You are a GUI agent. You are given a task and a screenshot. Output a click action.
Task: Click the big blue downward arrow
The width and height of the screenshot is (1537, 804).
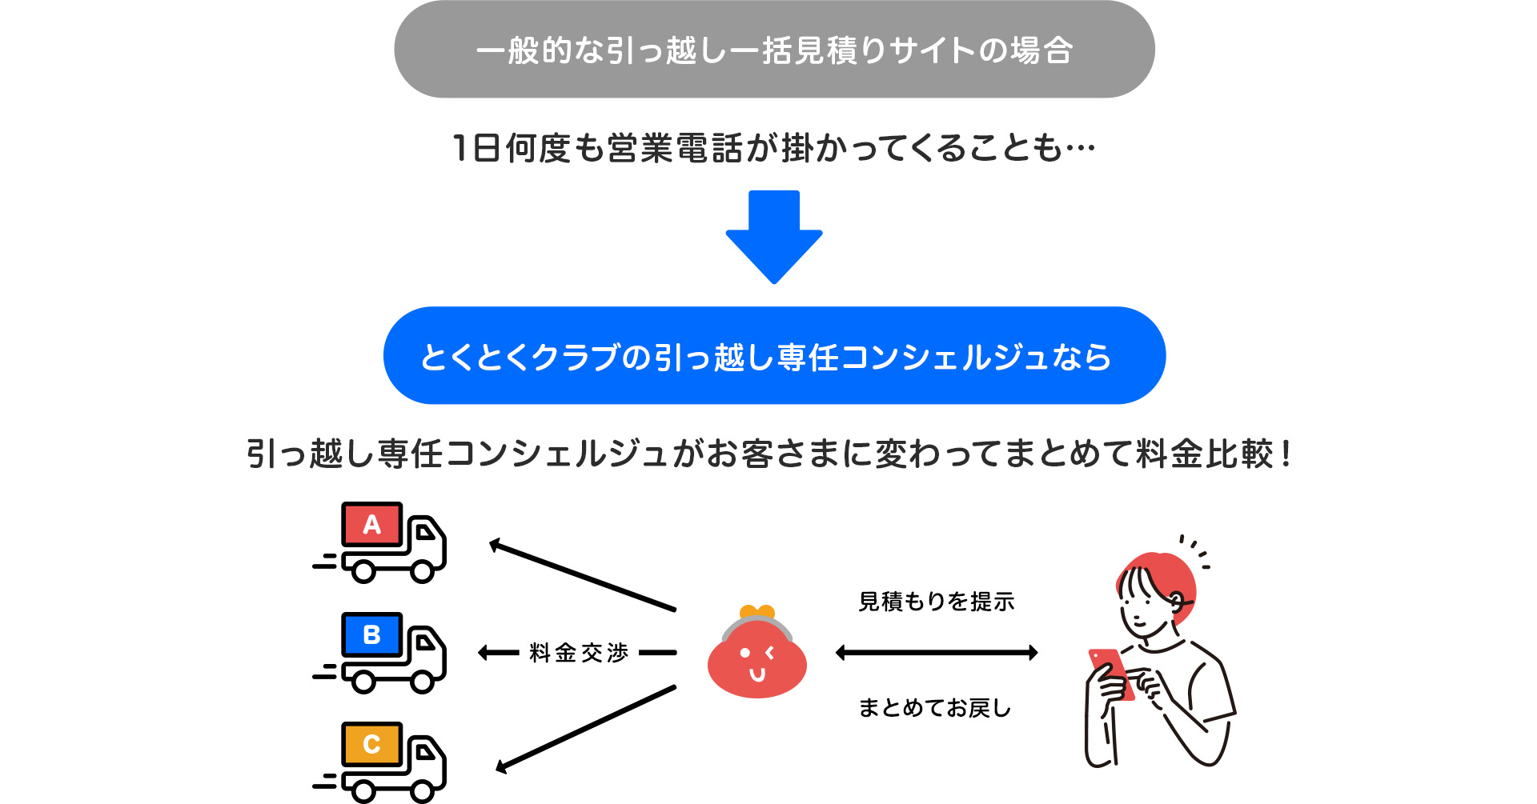pyautogui.click(x=774, y=237)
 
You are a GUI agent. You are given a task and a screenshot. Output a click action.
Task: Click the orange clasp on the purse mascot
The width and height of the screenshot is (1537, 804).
pyautogui.click(x=756, y=612)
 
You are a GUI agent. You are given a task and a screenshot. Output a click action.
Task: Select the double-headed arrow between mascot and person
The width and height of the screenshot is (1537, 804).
pyautogui.click(x=936, y=653)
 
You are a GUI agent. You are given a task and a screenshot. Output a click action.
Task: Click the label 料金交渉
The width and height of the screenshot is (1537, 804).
pyautogui.click(x=579, y=653)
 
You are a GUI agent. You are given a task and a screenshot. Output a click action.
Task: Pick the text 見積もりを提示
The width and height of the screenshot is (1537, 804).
pyautogui.click(x=936, y=602)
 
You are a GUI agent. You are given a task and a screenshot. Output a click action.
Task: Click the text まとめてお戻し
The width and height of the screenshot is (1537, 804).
pyautogui.click(x=934, y=708)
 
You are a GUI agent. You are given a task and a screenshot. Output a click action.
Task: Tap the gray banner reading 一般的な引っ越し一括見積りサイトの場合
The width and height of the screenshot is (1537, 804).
pyautogui.click(x=774, y=50)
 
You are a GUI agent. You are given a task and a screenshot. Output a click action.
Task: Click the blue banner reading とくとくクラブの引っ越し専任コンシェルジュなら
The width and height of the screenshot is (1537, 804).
pyautogui.click(x=774, y=356)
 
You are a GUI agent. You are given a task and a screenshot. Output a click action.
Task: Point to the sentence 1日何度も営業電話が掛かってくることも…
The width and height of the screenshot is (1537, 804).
pyautogui.click(x=773, y=149)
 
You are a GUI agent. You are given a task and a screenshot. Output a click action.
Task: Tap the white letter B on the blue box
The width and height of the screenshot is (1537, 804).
pyautogui.click(x=371, y=634)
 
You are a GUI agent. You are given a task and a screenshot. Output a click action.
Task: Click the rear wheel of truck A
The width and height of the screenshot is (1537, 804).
pyautogui.click(x=363, y=571)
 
